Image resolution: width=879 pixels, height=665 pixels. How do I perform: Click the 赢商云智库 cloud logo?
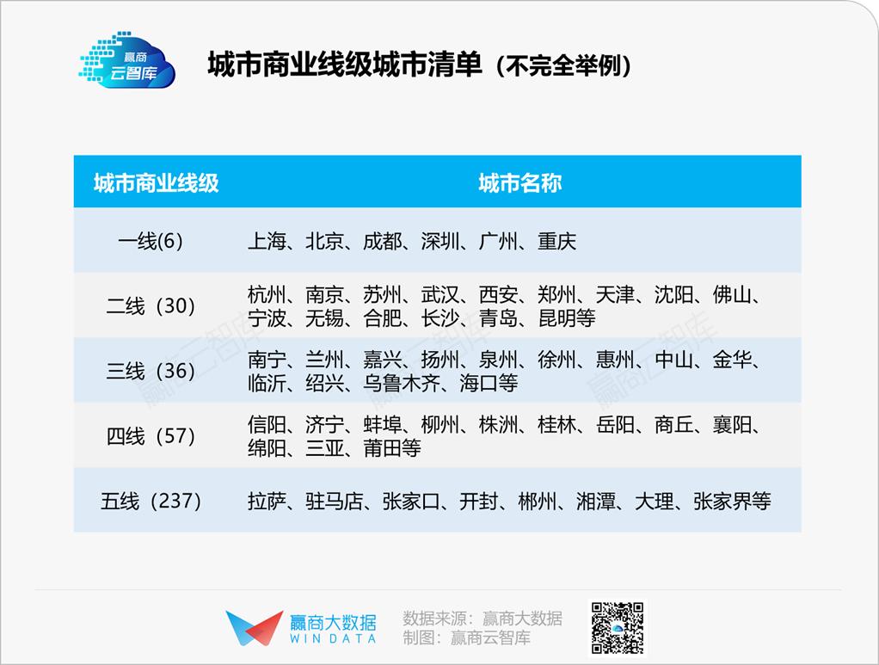click(x=127, y=60)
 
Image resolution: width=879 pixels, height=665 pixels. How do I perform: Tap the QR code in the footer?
click(x=618, y=628)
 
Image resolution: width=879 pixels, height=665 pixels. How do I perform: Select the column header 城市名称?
click(x=520, y=182)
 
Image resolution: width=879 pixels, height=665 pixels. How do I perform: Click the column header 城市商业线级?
click(x=156, y=182)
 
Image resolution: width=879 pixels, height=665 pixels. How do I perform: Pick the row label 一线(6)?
click(x=151, y=241)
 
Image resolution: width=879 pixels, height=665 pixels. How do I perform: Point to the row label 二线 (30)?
click(x=151, y=306)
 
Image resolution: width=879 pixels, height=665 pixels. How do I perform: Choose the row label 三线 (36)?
click(x=151, y=371)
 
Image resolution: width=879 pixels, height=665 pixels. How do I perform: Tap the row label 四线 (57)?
click(x=151, y=435)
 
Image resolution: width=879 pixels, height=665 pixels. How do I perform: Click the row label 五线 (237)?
click(x=151, y=501)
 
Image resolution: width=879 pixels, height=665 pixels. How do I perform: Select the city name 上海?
click(x=267, y=241)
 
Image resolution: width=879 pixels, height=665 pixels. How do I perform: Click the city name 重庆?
click(x=557, y=241)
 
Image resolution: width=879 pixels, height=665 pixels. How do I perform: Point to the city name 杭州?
click(x=267, y=294)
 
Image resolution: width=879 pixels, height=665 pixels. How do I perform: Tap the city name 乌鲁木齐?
click(x=402, y=383)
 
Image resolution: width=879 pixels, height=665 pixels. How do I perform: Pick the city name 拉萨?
click(x=267, y=501)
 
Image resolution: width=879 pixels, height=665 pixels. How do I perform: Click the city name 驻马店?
click(x=335, y=501)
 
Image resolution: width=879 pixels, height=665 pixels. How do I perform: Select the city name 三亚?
click(x=325, y=448)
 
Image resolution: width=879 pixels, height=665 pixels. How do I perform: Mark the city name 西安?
click(x=498, y=294)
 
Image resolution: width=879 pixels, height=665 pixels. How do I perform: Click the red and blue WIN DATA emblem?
click(x=255, y=628)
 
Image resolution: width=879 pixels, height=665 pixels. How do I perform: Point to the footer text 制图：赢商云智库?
click(x=466, y=637)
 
